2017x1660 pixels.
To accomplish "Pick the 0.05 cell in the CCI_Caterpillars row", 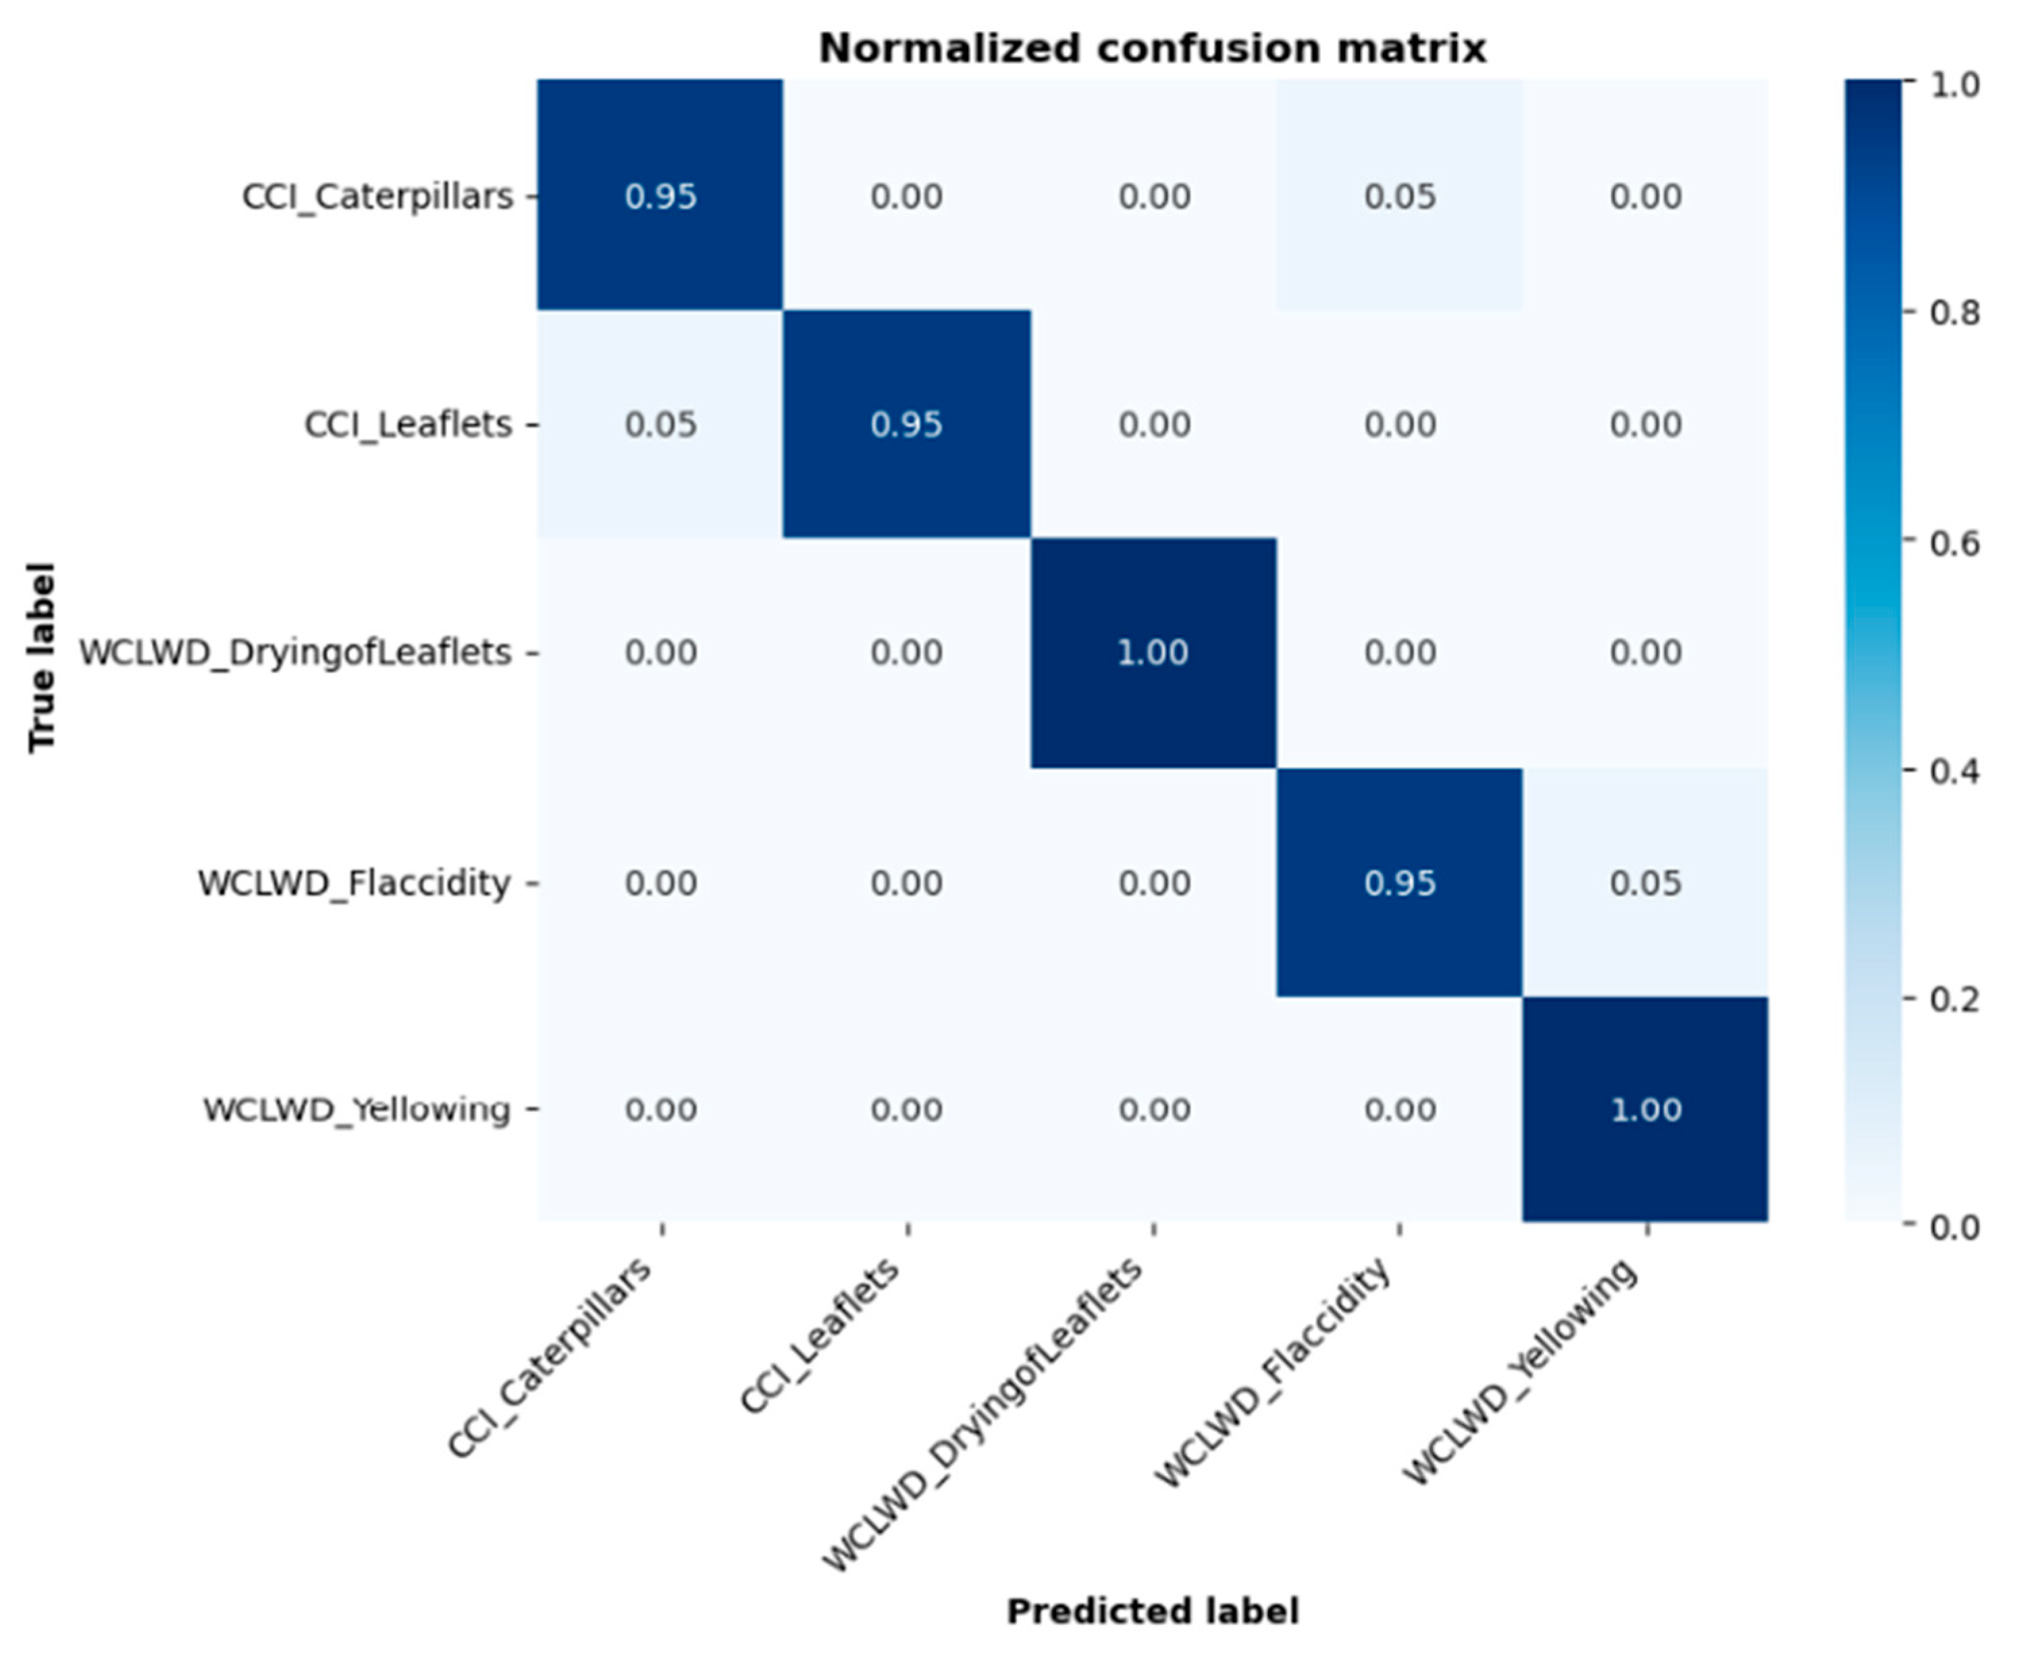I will coord(1399,196).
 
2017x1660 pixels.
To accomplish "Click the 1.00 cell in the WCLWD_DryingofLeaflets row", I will coord(1153,652).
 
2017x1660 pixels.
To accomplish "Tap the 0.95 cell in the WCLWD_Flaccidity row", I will coord(1399,882).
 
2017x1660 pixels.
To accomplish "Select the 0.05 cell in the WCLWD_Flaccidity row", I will coord(1645,882).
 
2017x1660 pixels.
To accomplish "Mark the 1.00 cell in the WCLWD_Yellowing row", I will coord(1645,1109).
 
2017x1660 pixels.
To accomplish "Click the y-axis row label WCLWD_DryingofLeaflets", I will coord(294,653).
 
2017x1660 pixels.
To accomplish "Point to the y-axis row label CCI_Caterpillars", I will coord(377,196).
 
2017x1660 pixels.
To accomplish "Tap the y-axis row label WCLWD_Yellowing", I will coord(356,1109).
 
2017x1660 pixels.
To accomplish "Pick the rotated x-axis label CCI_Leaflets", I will coord(820,1336).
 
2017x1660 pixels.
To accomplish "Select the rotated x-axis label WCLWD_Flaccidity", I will coord(1274,1372).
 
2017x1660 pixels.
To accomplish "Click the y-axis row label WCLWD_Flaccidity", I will coord(354,882).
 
